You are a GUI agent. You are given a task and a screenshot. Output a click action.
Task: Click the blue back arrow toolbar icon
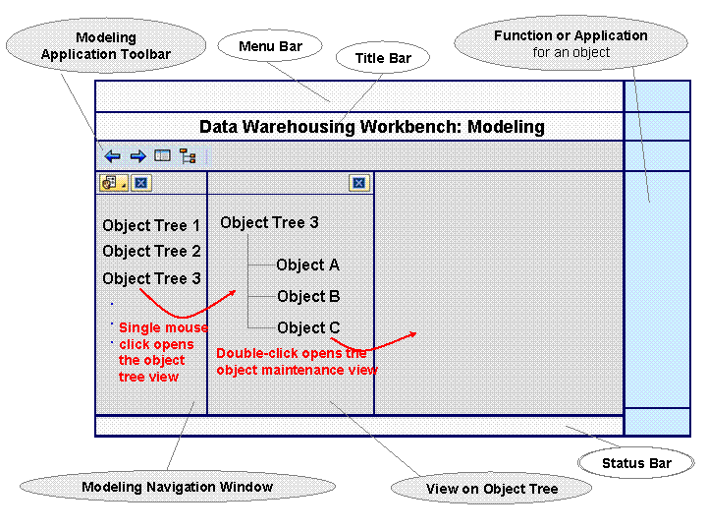(x=112, y=156)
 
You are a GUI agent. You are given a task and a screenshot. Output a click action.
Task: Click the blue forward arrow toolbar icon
(x=138, y=156)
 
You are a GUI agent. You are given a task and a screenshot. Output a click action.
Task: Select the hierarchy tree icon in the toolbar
(x=188, y=155)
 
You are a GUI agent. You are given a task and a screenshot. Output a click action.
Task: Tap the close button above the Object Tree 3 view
(x=359, y=183)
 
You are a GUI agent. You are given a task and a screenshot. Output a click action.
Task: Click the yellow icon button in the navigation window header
(x=114, y=183)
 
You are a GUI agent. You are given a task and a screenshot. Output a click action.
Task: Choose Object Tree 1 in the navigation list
(x=151, y=225)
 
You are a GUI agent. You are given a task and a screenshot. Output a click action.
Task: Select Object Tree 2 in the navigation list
(x=151, y=251)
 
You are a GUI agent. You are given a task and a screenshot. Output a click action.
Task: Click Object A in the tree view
(x=307, y=265)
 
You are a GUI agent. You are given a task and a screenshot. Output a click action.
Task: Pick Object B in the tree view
(x=308, y=296)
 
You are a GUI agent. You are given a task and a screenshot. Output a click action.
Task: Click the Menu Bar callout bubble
(x=270, y=46)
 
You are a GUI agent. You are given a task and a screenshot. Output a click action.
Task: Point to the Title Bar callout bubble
(x=383, y=58)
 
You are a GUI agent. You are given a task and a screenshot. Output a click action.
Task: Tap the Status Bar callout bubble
(x=636, y=463)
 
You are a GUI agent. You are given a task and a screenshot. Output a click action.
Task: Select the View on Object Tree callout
(x=492, y=489)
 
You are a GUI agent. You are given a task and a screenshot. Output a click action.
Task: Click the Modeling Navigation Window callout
(x=178, y=487)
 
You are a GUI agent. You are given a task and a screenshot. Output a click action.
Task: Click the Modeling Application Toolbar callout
(x=106, y=45)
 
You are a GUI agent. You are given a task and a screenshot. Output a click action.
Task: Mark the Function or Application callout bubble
(x=571, y=43)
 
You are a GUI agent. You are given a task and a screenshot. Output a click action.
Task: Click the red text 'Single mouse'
(x=163, y=327)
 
